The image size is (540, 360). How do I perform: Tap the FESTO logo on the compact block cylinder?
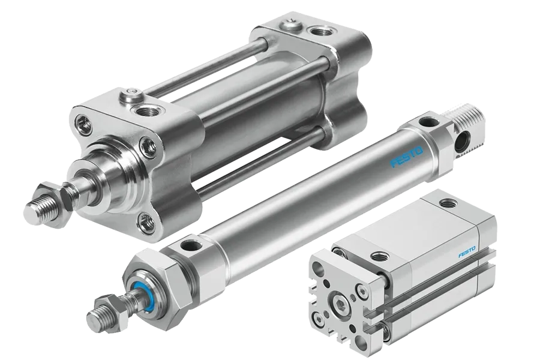(467, 252)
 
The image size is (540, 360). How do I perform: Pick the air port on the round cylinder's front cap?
(188, 246)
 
